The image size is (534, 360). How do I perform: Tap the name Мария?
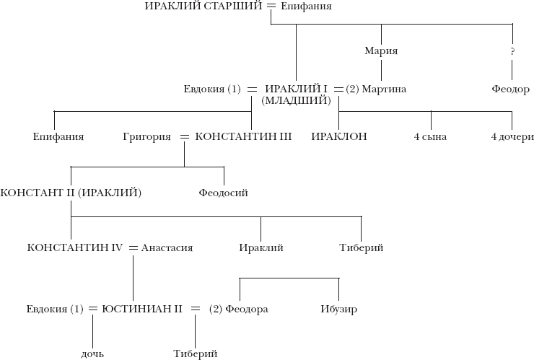point(382,52)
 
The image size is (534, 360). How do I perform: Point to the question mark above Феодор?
point(512,52)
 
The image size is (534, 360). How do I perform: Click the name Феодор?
point(512,89)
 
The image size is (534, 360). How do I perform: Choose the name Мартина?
point(385,89)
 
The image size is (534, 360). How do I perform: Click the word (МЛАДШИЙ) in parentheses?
point(296,101)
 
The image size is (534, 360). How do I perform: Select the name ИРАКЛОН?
point(339,136)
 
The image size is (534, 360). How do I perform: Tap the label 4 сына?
point(430,136)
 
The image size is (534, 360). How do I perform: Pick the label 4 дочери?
point(511,136)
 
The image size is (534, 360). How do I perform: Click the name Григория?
point(146,136)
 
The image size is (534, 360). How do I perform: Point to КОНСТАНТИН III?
point(243,136)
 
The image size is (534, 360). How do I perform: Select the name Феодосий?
point(224,193)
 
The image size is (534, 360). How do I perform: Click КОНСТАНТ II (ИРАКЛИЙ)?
point(71,193)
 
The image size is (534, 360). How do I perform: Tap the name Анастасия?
point(167,248)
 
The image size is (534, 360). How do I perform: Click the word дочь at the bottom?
point(93,354)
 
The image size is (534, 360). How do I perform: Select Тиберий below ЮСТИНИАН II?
point(195,354)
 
